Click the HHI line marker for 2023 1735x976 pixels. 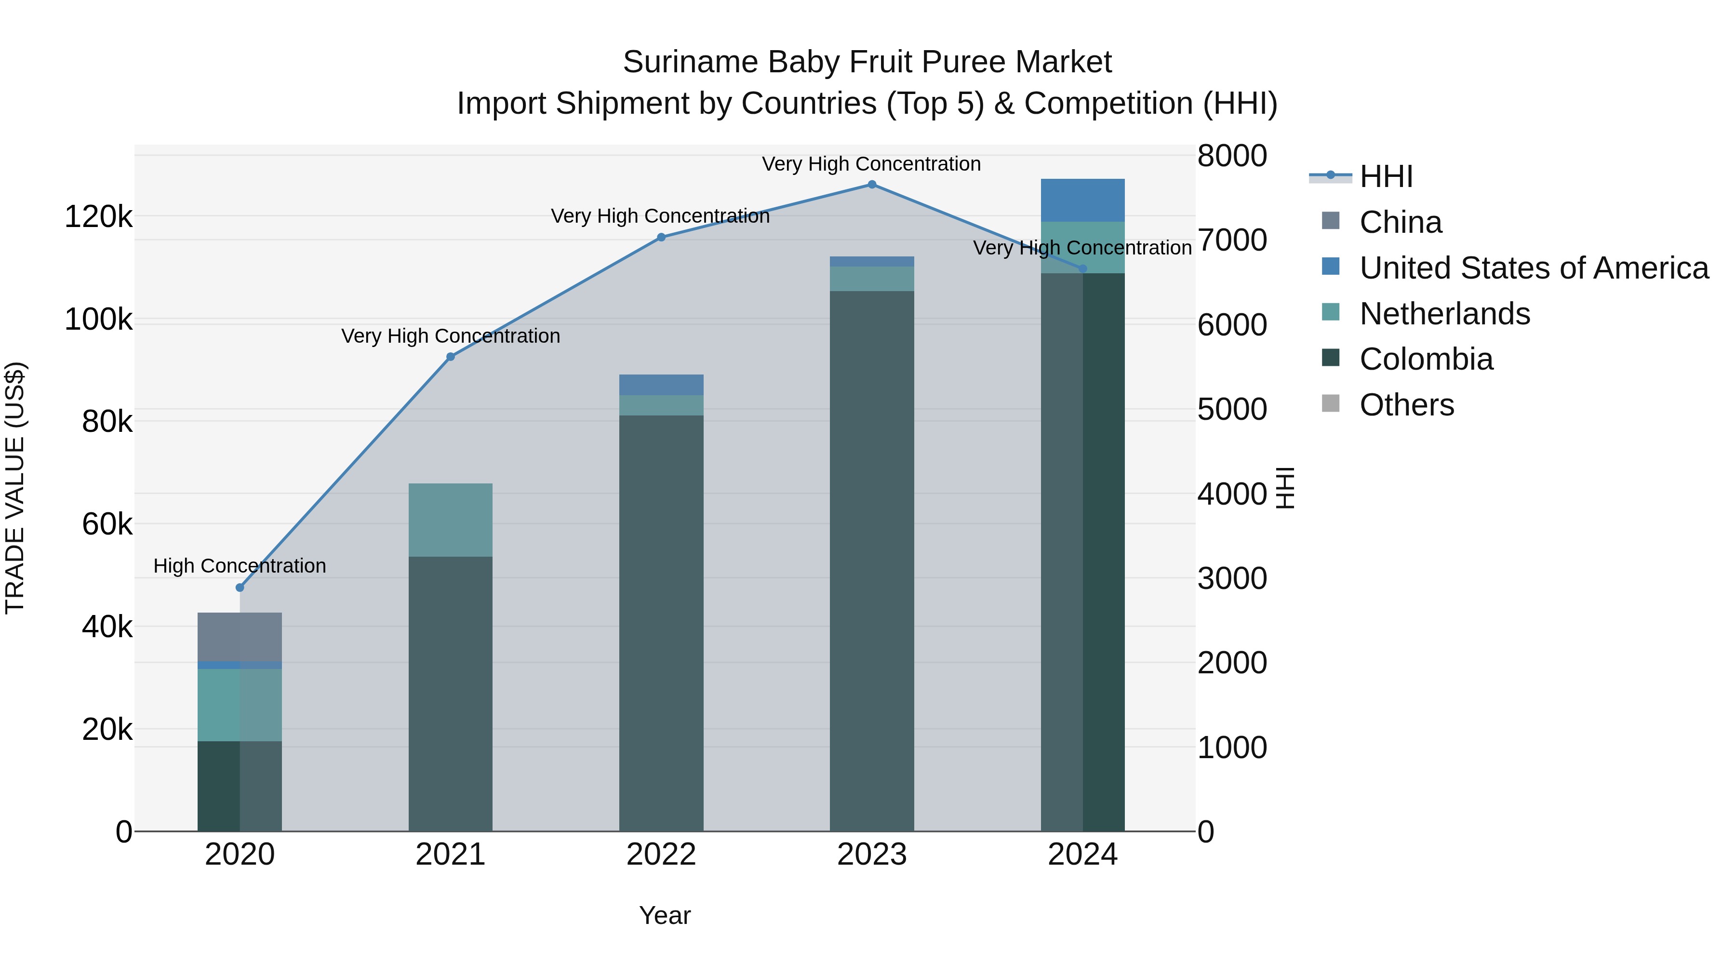pyautogui.click(x=871, y=185)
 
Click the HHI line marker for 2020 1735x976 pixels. pyautogui.click(x=240, y=588)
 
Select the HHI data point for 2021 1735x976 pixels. pyautogui.click(x=451, y=357)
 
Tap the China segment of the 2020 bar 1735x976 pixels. pyautogui.click(x=240, y=637)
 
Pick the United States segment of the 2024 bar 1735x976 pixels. pyautogui.click(x=1082, y=200)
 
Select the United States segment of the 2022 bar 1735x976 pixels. pyautogui.click(x=661, y=385)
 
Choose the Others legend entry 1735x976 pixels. pyautogui.click(x=1406, y=405)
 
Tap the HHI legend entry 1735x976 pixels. pyautogui.click(x=1386, y=176)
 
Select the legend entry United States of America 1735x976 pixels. pyautogui.click(x=1533, y=268)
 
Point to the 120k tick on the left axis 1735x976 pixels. pyautogui.click(x=98, y=217)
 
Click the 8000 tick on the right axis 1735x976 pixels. pyautogui.click(x=1232, y=156)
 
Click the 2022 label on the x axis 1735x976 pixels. pyautogui.click(x=661, y=855)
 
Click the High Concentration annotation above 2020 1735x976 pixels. pyautogui.click(x=240, y=566)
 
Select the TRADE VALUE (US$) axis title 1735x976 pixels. pyautogui.click(x=15, y=488)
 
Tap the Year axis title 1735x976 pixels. pyautogui.click(x=664, y=915)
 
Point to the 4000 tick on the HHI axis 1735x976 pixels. pyautogui.click(x=1232, y=494)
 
